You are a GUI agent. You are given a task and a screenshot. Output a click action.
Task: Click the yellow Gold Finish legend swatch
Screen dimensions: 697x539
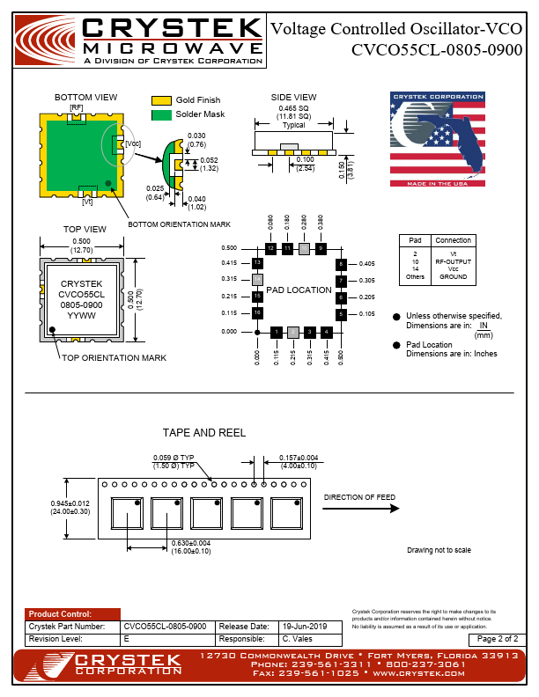160,101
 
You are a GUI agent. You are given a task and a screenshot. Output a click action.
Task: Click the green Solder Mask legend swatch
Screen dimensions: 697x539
160,115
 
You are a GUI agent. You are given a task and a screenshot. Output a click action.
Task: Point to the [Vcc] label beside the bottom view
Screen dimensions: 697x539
133,143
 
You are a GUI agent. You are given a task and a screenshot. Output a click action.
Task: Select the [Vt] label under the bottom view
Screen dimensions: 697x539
87,202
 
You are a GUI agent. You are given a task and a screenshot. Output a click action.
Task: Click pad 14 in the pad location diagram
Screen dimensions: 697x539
256,280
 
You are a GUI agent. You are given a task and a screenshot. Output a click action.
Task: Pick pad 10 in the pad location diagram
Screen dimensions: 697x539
304,249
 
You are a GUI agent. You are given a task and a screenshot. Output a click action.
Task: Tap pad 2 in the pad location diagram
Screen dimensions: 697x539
292,332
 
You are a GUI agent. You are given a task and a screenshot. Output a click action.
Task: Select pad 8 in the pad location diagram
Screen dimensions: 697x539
340,264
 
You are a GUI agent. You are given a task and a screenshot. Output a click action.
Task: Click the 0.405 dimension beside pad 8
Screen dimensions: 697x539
367,263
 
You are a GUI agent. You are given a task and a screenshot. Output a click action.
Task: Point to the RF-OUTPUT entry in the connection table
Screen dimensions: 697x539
453,261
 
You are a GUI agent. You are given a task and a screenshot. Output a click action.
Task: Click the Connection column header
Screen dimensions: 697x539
453,240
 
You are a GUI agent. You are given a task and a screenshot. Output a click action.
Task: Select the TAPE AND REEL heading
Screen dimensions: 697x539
204,433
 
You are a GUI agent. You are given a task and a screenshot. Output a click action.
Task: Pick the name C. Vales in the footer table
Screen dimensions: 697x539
298,638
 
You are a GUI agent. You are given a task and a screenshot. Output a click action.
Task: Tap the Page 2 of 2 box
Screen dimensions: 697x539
498,638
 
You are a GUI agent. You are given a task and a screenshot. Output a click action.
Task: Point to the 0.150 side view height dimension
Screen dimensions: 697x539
342,165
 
